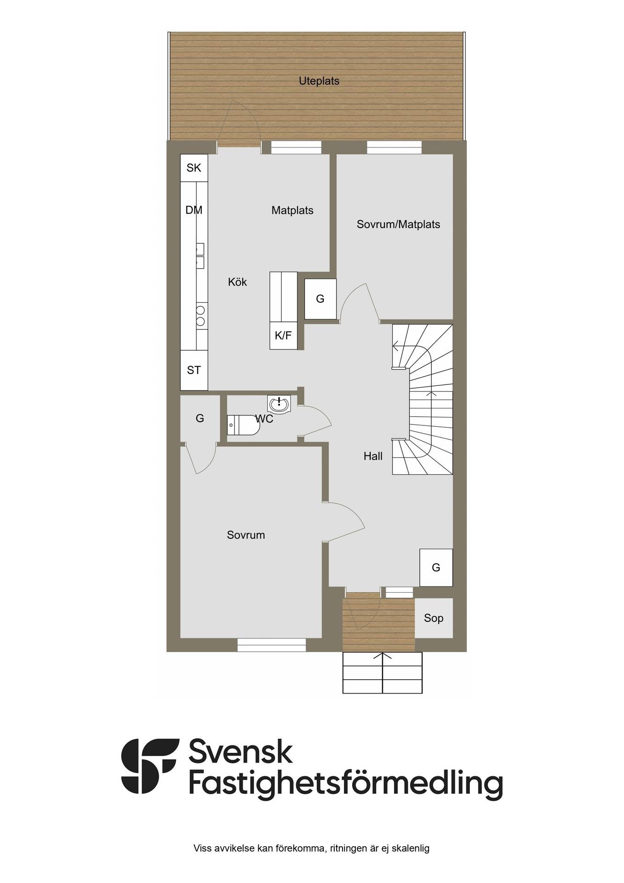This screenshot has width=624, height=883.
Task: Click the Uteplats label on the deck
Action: point(319,81)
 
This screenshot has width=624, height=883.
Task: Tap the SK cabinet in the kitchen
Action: point(194,168)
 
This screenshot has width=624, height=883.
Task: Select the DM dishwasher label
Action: point(194,210)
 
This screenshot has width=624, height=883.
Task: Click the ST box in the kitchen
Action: point(194,370)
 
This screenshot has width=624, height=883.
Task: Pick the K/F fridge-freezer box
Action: point(283,336)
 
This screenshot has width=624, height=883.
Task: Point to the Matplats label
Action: point(292,211)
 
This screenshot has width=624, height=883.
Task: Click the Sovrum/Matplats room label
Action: point(398,224)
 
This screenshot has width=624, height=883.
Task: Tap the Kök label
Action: point(237,282)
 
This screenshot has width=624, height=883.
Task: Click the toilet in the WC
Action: point(243,425)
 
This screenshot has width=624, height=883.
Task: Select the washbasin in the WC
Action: point(279,404)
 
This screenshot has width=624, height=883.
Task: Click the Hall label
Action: point(373,456)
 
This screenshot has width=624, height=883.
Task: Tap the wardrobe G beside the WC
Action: point(200,419)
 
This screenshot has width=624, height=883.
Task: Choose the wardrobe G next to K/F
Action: point(321,299)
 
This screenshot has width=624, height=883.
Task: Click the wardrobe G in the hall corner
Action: point(436,568)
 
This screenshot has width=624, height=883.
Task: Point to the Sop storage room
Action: point(434,618)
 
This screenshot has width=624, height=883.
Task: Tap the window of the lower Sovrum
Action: point(272,645)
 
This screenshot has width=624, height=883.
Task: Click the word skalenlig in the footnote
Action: point(410,849)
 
